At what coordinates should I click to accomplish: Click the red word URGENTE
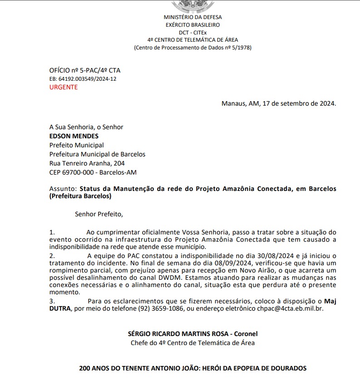pos(63,87)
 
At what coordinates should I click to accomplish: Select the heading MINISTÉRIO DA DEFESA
pos(192,17)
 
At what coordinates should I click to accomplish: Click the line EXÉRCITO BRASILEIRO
pos(192,25)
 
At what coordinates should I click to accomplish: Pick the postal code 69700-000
pos(78,172)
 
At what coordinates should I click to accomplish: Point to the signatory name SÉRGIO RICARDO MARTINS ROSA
pos(177,334)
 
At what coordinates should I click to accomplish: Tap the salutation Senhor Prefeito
pos(99,213)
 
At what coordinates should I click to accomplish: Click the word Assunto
pos(63,189)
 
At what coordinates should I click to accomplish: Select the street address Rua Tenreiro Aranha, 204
pos(87,163)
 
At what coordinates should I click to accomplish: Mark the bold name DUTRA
pos(60,308)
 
